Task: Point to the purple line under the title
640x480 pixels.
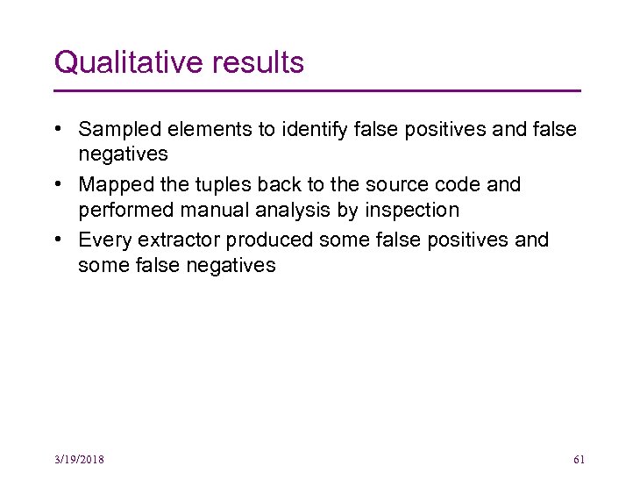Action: tap(317, 90)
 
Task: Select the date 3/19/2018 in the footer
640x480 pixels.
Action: tap(78, 460)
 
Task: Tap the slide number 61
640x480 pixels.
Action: tap(579, 460)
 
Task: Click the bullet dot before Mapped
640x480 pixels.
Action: tap(56, 184)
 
